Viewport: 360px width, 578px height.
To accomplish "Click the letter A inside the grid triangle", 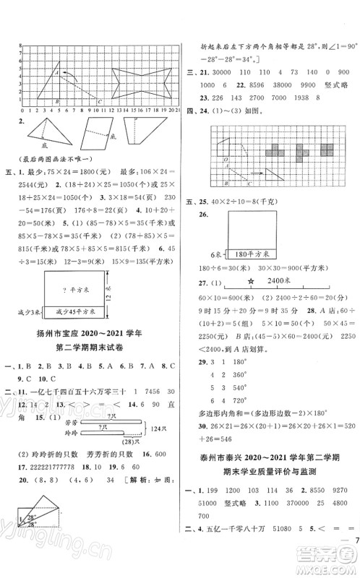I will tap(56, 72).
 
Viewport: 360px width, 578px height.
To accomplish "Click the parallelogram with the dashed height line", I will tap(93, 134).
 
